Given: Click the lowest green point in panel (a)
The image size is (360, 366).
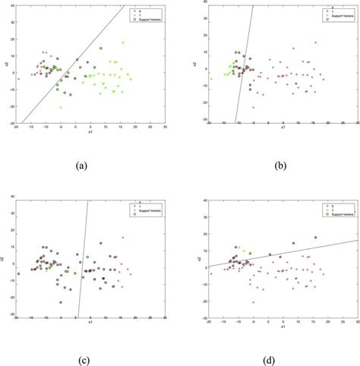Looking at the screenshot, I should pyautogui.click(x=61, y=108).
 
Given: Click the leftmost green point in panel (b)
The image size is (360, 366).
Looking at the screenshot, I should pyautogui.click(x=225, y=74).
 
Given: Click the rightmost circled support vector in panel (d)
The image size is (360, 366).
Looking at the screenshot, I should pyautogui.click(x=315, y=238).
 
